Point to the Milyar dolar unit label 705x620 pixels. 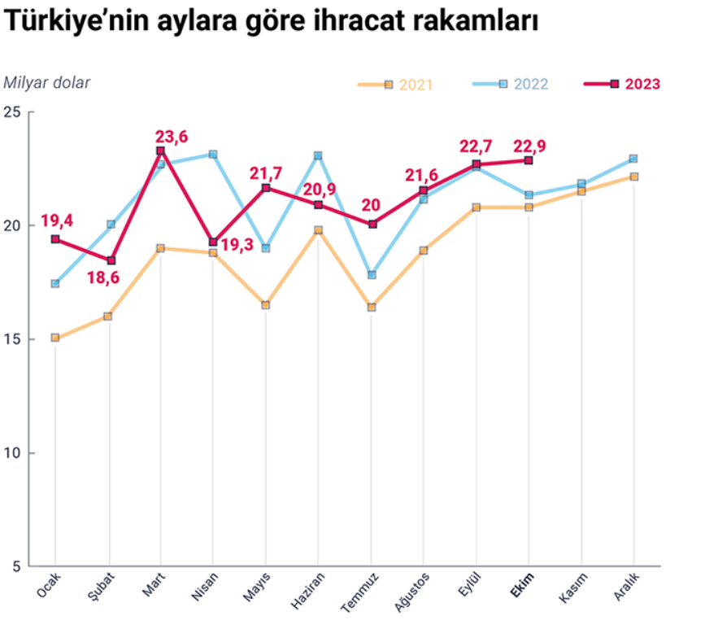tap(46, 81)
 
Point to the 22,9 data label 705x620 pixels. tap(530, 146)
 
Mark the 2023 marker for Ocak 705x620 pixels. tap(55, 239)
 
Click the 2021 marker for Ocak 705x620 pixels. tap(55, 338)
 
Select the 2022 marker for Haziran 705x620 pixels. tap(319, 155)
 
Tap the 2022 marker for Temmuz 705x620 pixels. tap(372, 275)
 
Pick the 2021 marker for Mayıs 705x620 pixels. tap(266, 305)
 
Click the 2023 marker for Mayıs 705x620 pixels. tap(266, 188)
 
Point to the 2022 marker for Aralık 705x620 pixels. tap(633, 159)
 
